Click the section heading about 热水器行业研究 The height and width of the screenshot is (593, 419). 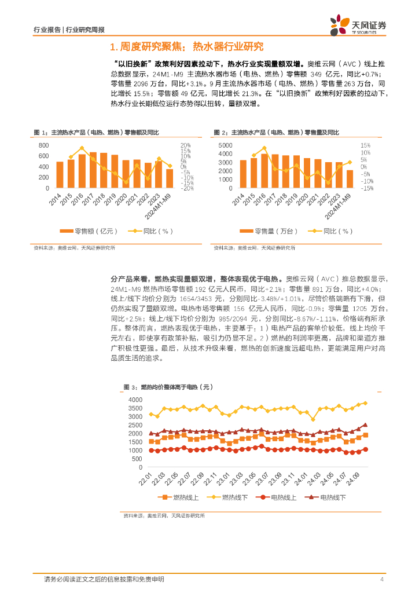point(186,47)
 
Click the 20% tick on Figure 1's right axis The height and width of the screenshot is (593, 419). point(185,145)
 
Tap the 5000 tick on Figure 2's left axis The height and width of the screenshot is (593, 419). point(225,145)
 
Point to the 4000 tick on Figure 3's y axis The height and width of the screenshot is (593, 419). point(135,400)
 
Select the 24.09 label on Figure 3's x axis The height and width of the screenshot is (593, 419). point(352,480)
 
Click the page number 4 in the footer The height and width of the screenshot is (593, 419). point(382,579)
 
